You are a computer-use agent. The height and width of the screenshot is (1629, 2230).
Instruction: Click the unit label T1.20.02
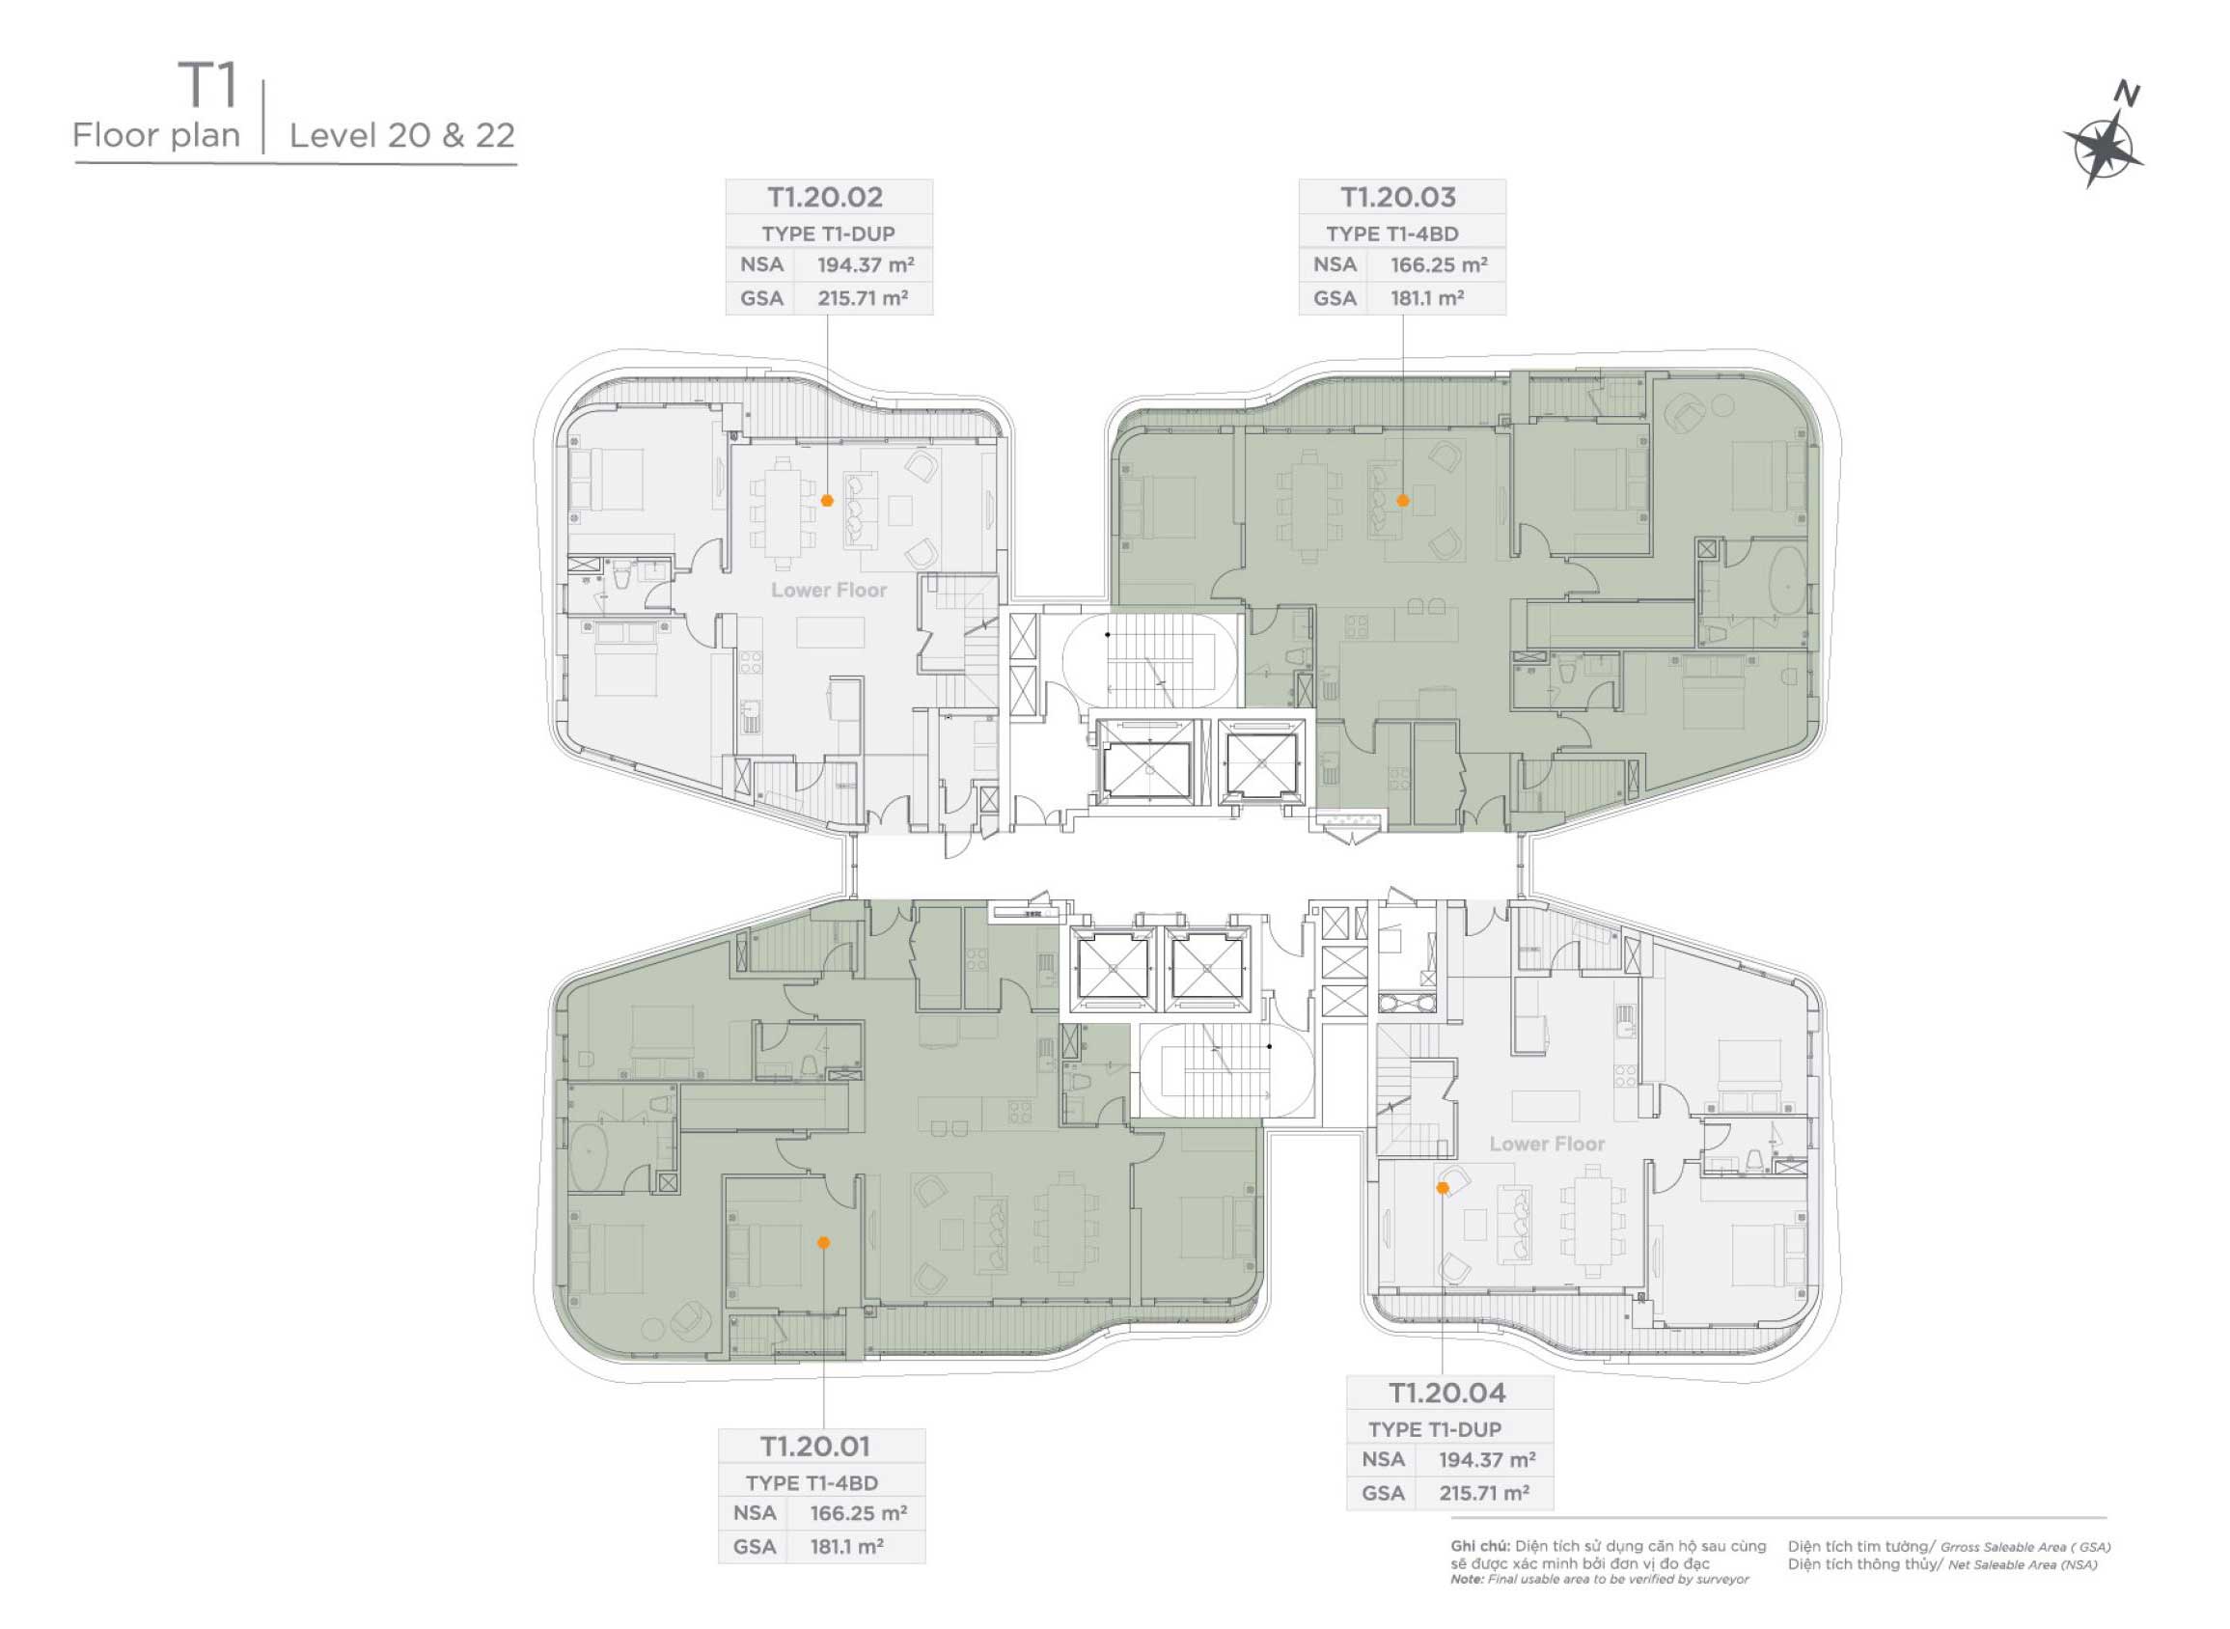827,197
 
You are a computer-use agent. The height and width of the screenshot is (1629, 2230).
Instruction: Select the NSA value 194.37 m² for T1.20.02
865,264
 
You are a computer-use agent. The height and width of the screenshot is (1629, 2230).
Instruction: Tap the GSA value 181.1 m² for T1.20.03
1427,298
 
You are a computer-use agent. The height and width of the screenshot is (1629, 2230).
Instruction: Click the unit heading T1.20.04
1448,1394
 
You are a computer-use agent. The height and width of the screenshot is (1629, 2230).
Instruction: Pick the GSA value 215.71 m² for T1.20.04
1485,1494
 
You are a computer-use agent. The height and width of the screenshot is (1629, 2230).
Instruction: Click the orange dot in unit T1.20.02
828,501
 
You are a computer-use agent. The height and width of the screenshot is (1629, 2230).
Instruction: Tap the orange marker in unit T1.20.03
1404,501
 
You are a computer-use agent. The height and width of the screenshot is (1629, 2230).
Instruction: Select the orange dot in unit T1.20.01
824,1243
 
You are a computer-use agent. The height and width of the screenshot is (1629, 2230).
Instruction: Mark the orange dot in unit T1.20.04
1444,1189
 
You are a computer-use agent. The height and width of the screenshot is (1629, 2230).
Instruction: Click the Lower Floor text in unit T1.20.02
829,591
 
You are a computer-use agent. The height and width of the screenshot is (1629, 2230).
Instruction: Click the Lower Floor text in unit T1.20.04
1547,1145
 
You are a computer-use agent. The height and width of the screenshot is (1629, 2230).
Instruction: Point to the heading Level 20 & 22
402,136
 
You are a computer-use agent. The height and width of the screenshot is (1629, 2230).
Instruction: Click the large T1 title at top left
208,87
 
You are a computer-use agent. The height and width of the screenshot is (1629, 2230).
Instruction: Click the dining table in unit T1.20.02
784,513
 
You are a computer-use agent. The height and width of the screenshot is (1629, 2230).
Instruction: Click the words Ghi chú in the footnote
1480,1546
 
